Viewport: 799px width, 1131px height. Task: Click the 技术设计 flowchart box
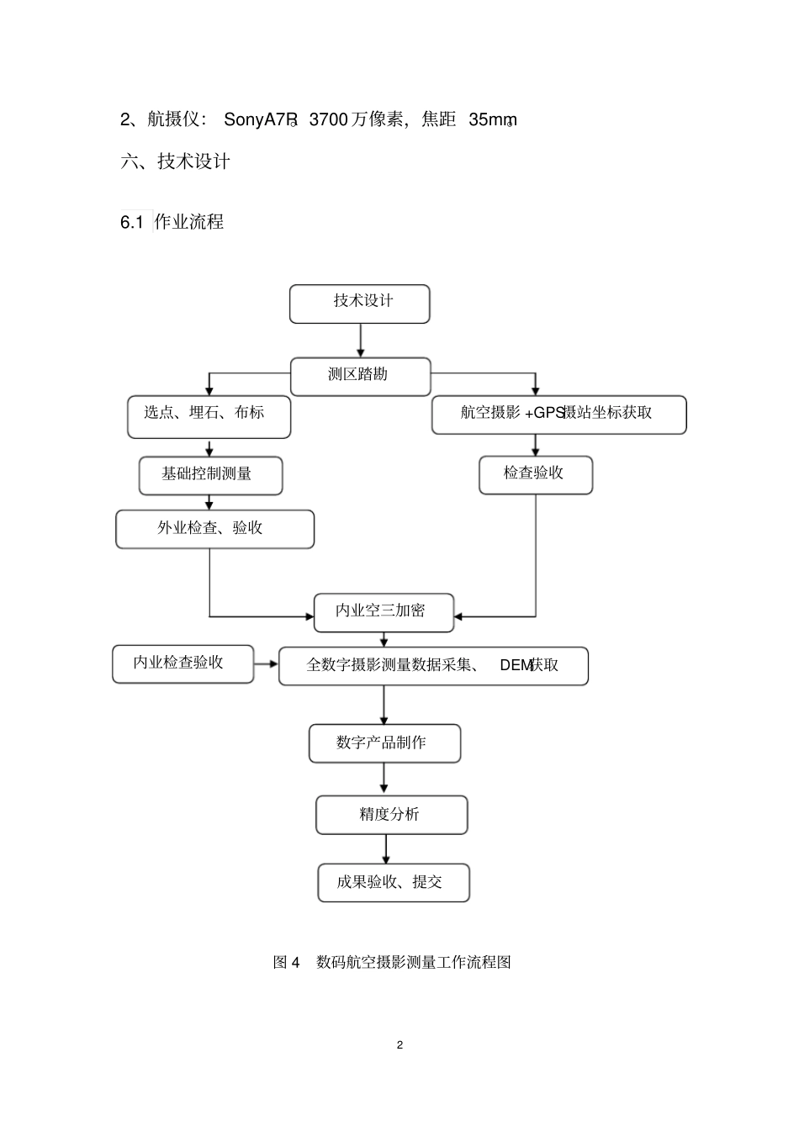(x=359, y=304)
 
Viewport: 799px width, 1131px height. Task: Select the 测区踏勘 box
(x=360, y=376)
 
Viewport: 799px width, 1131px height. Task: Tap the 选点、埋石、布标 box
(x=209, y=416)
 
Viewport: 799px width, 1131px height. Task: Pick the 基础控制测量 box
(x=210, y=476)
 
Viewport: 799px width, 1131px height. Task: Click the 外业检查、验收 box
(x=214, y=529)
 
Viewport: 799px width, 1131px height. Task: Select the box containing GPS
(x=558, y=415)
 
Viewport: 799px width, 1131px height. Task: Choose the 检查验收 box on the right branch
(x=535, y=475)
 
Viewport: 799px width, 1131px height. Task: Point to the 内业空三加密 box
(x=384, y=612)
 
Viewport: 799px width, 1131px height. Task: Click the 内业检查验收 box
(x=183, y=663)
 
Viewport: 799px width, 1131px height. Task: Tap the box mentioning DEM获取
(x=433, y=666)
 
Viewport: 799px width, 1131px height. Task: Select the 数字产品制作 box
(x=384, y=743)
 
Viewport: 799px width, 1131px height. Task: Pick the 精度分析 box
(x=391, y=815)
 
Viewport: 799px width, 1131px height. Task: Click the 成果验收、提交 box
(x=393, y=883)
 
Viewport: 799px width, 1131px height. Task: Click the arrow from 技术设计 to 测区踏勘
(x=361, y=341)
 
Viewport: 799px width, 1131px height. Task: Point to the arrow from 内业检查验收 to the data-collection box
(x=266, y=664)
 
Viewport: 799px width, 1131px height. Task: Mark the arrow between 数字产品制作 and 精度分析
(x=384, y=779)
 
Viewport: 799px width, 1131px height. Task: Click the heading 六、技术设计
(x=176, y=161)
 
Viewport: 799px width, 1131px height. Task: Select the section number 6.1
(x=132, y=223)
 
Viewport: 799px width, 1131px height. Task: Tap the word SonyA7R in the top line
(x=259, y=119)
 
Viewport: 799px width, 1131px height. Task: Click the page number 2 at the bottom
(x=399, y=1045)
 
